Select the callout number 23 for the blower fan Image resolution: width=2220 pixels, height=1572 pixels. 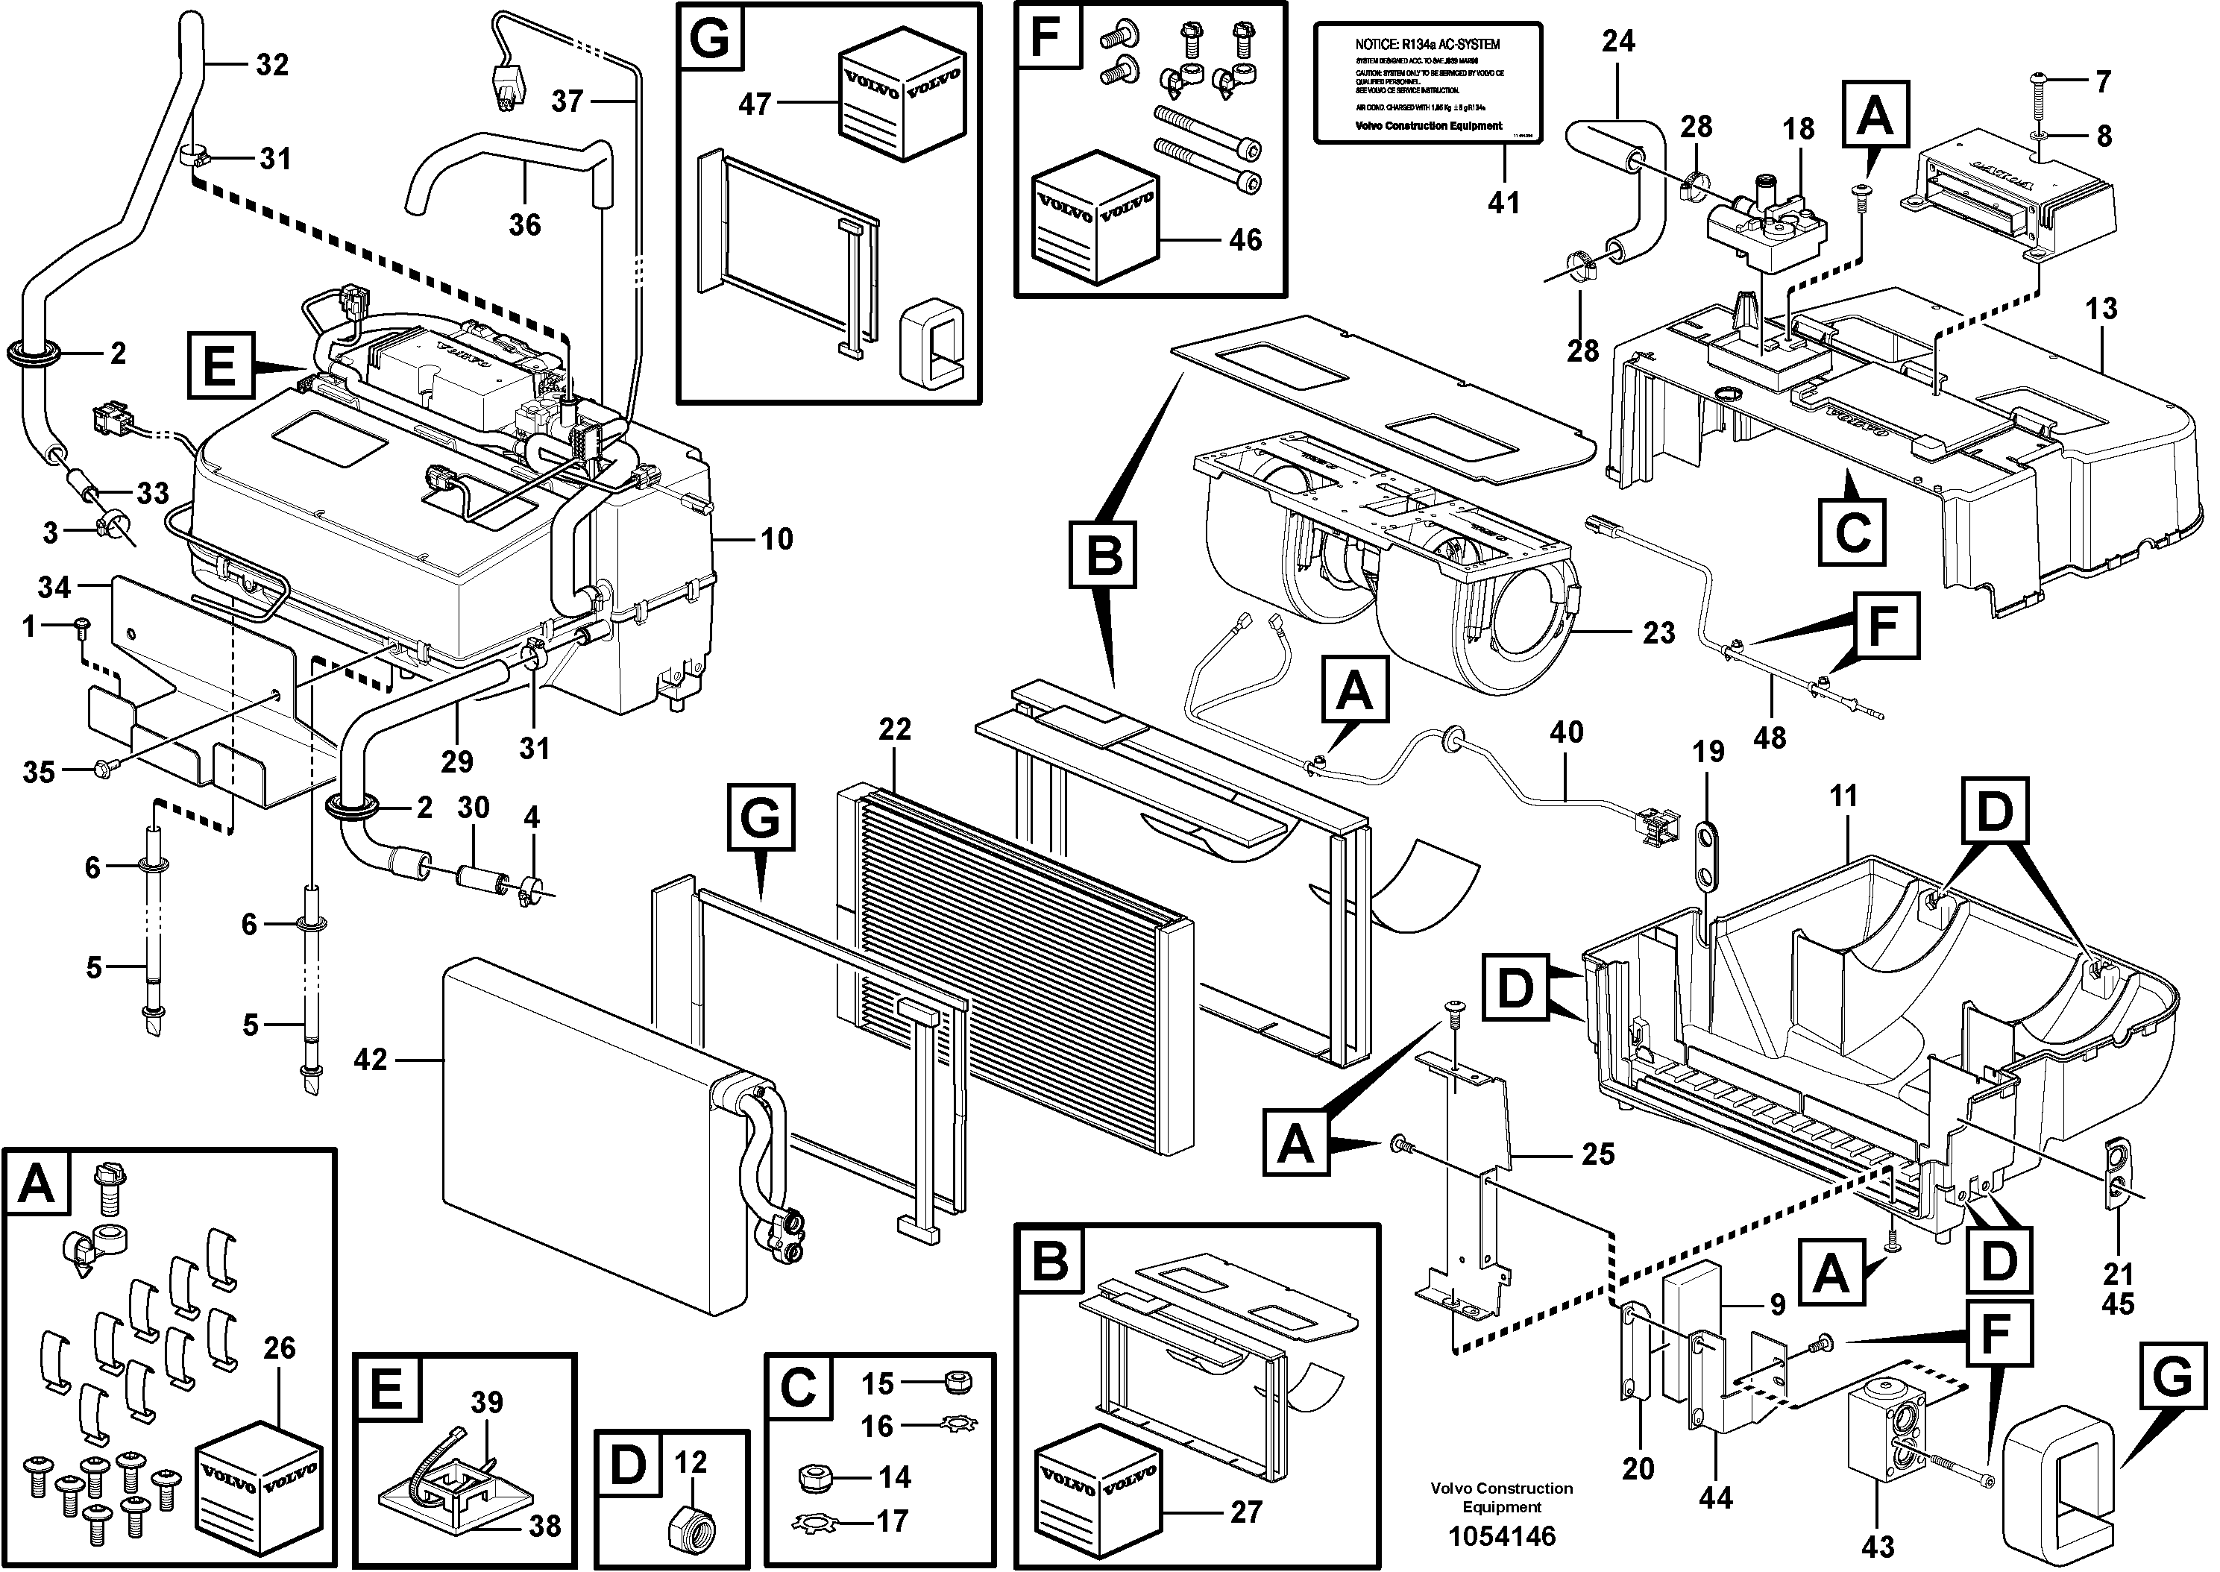[1658, 633]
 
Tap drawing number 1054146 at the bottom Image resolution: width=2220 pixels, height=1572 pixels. [1502, 1536]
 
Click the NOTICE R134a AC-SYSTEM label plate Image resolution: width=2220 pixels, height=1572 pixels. [1427, 84]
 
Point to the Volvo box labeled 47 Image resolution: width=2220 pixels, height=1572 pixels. [901, 101]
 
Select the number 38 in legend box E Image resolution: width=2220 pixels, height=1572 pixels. [546, 1527]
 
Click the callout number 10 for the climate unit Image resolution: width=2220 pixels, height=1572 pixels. [776, 539]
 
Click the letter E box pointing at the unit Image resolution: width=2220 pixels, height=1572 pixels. [221, 367]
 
